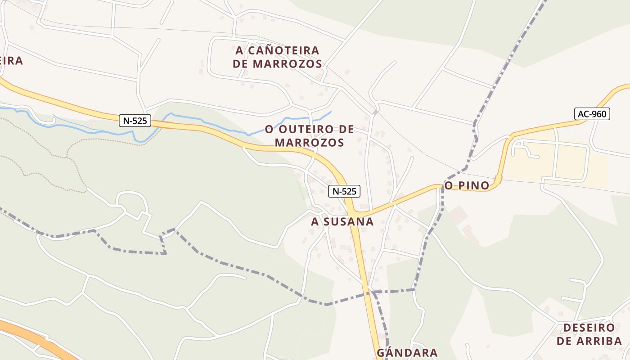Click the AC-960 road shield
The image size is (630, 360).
[x=592, y=114]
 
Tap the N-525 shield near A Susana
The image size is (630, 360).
[x=344, y=191]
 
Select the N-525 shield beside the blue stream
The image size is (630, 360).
[x=135, y=121]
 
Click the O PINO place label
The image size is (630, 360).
[x=467, y=185]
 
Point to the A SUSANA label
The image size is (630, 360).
[x=342, y=221]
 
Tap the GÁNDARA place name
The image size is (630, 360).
[x=407, y=353]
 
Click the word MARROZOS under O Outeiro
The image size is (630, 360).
[x=310, y=143]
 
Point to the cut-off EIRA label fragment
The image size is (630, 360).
[x=11, y=61]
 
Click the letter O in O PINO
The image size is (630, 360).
[x=448, y=185]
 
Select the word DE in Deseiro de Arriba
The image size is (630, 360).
[x=564, y=341]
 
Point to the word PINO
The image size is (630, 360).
[x=473, y=185]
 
